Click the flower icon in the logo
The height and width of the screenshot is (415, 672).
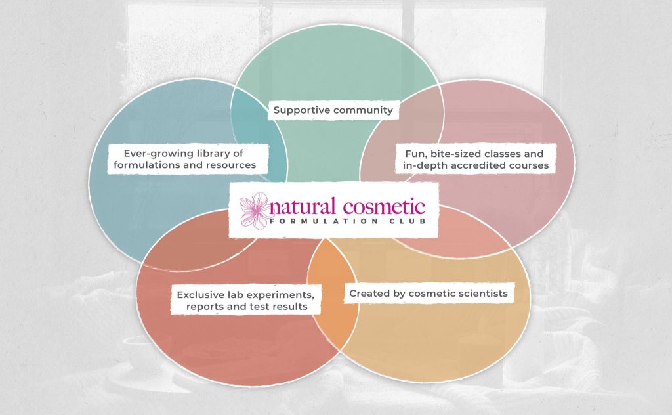tap(255, 210)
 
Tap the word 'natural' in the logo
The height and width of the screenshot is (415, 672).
tap(302, 207)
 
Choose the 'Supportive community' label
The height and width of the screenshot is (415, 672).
tap(333, 110)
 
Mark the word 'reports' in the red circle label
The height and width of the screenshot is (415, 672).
tap(203, 307)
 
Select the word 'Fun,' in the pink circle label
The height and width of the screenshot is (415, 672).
tap(415, 154)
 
